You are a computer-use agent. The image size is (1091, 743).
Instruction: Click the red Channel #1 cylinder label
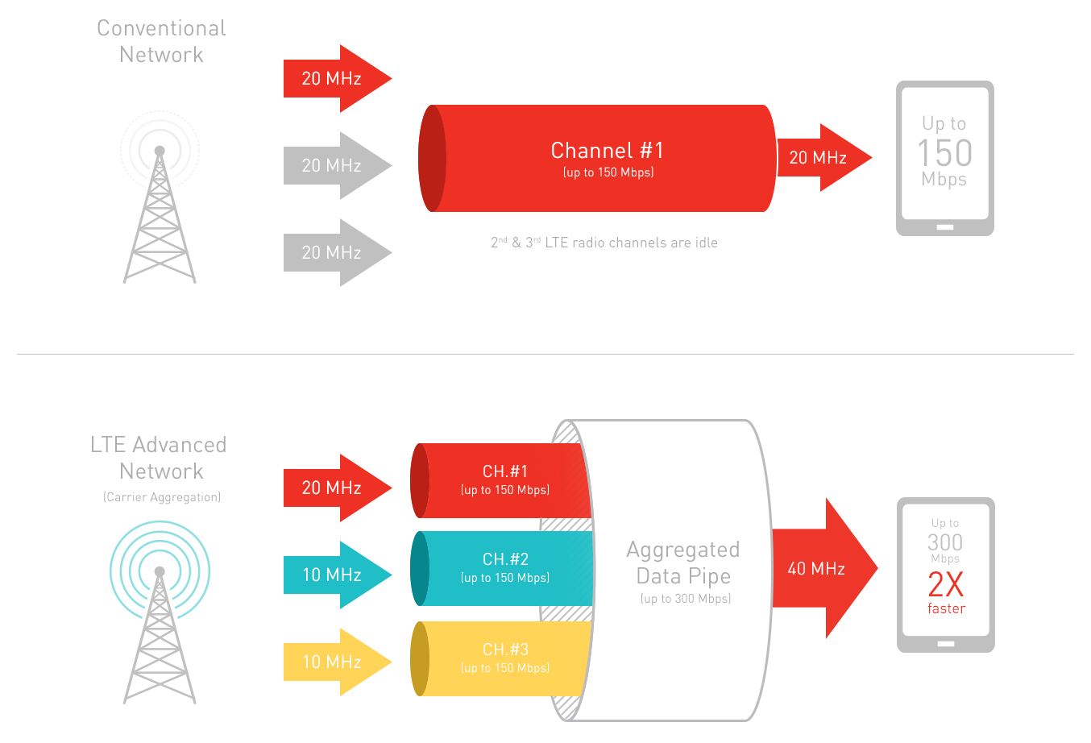(x=608, y=152)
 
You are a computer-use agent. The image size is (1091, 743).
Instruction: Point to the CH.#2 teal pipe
(x=504, y=567)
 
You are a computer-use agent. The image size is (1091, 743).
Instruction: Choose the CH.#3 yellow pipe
(x=504, y=658)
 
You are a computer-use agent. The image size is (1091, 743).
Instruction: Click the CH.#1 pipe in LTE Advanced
(x=504, y=479)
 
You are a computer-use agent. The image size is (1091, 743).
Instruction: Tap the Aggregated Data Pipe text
(x=683, y=562)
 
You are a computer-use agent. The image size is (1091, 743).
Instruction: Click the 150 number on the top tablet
(x=944, y=153)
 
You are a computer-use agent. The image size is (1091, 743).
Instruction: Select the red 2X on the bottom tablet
(x=945, y=584)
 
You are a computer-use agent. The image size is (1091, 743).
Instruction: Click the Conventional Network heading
(x=161, y=41)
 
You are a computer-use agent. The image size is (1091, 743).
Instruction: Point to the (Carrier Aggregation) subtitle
(x=161, y=497)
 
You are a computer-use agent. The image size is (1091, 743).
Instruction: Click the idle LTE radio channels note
(x=604, y=243)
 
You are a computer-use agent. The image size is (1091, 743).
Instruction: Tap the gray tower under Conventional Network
(x=160, y=218)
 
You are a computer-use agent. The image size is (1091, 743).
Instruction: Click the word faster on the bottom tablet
(x=946, y=608)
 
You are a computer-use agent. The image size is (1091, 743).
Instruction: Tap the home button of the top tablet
(x=945, y=227)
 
